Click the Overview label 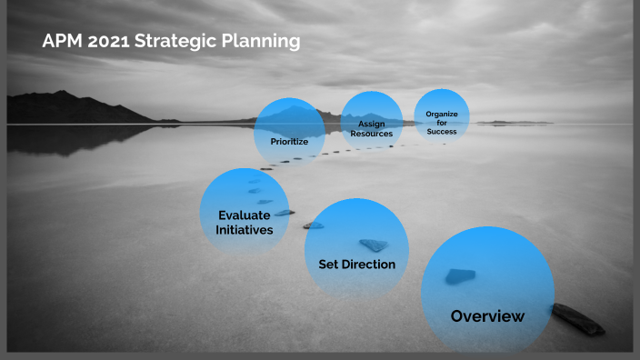point(487,316)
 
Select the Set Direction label point(356,265)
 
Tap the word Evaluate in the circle point(244,215)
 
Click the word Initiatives point(244,231)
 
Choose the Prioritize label point(289,142)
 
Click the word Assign point(371,124)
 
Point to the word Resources point(371,134)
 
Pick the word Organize point(442,114)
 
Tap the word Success point(442,132)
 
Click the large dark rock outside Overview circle point(577,318)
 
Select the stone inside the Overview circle point(459,276)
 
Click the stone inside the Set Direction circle point(373,245)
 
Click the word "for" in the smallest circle point(442,123)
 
